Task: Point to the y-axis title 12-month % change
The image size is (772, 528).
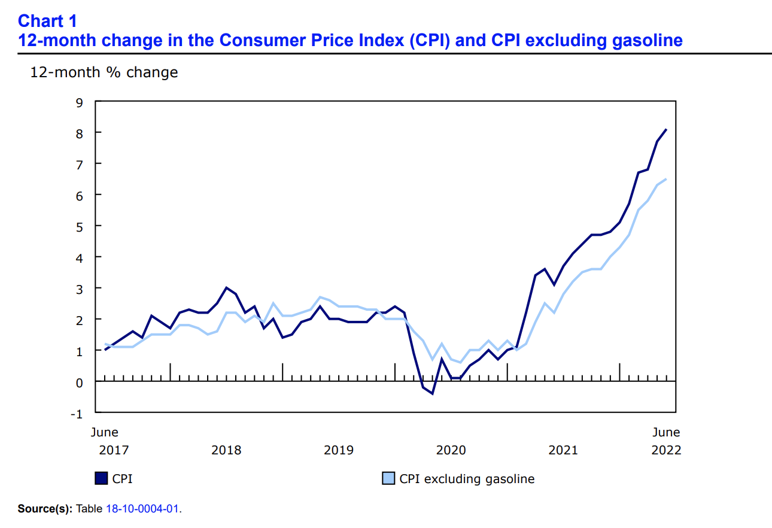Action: pyautogui.click(x=104, y=72)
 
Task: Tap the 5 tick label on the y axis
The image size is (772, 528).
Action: pyautogui.click(x=80, y=226)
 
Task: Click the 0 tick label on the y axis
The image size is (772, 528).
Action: pyautogui.click(x=80, y=381)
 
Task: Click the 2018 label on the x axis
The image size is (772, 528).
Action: pyautogui.click(x=226, y=450)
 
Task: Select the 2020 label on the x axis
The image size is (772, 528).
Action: pyautogui.click(x=451, y=450)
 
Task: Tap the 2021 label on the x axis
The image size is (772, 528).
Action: pyautogui.click(x=563, y=450)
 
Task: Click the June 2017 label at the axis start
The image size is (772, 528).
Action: pyautogui.click(x=104, y=441)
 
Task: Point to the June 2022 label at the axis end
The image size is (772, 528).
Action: pyautogui.click(x=665, y=441)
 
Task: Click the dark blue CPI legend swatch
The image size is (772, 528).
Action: pyautogui.click(x=101, y=478)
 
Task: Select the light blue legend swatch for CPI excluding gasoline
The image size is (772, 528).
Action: pyautogui.click(x=388, y=478)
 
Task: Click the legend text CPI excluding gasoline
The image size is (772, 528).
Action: pyautogui.click(x=467, y=479)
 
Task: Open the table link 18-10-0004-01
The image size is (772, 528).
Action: pyautogui.click(x=142, y=509)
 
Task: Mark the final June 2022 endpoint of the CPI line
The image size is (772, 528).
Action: pyautogui.click(x=667, y=129)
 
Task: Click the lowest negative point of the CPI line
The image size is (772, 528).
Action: pyautogui.click(x=432, y=393)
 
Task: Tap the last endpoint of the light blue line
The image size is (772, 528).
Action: pyautogui.click(x=667, y=179)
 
